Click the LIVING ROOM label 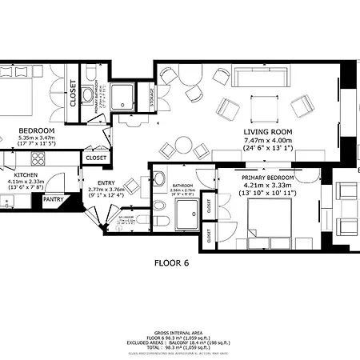[x=267, y=131]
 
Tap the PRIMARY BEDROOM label [x=268, y=178]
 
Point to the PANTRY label [x=54, y=199]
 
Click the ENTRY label [x=106, y=183]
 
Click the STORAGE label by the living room [x=153, y=99]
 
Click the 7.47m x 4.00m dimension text [x=267, y=140]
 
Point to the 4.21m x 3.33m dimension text [x=268, y=186]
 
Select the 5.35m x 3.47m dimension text [x=35, y=138]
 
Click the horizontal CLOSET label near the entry [x=96, y=158]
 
